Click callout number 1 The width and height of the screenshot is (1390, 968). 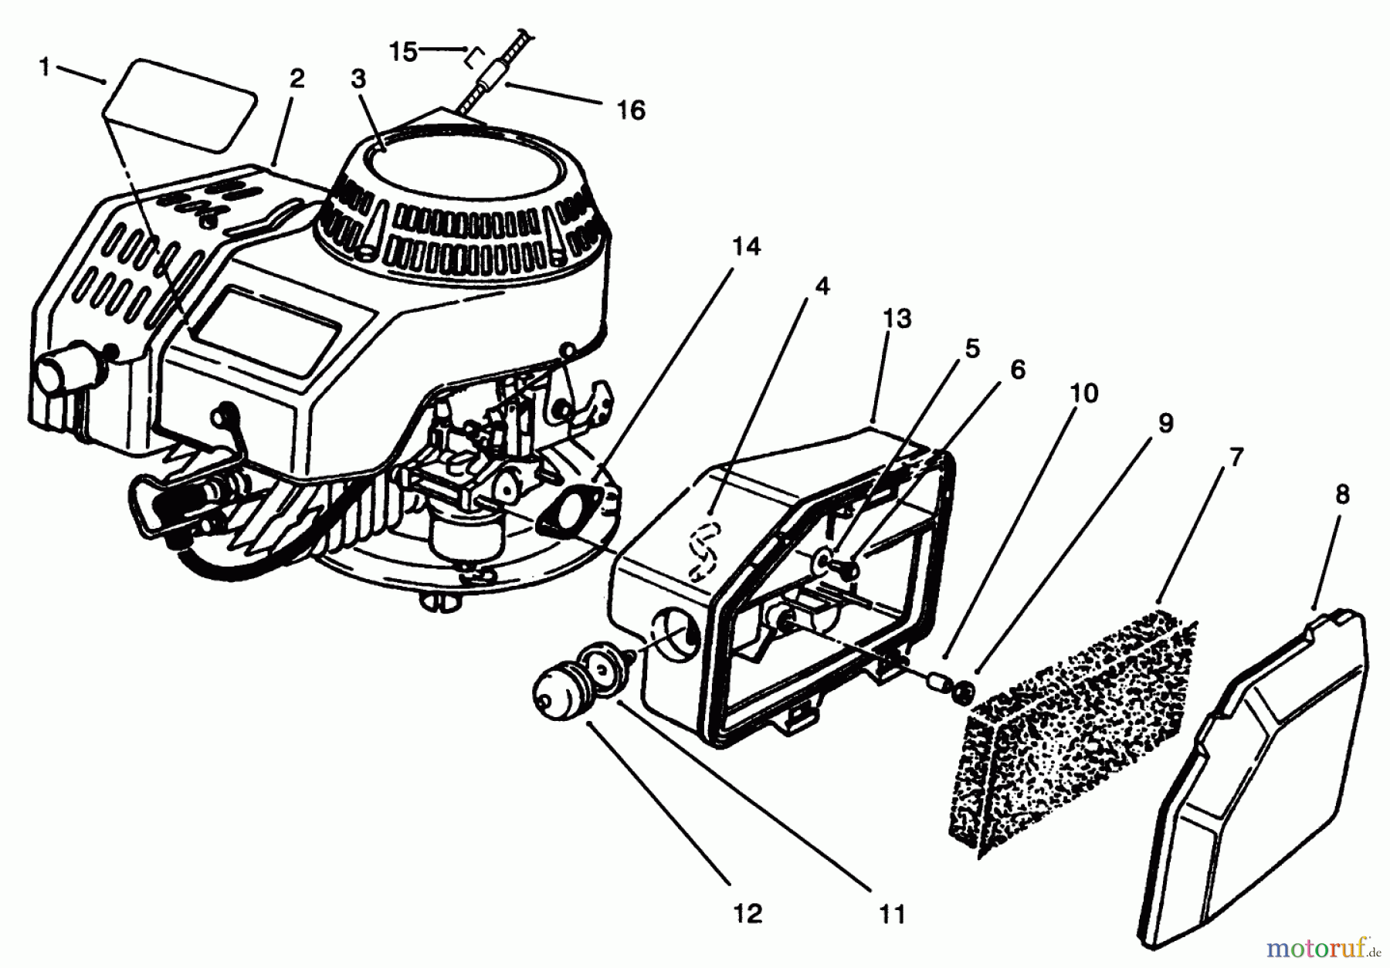(x=44, y=68)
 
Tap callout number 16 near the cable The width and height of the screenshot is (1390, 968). (x=631, y=111)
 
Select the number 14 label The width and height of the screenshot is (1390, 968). (x=746, y=247)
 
